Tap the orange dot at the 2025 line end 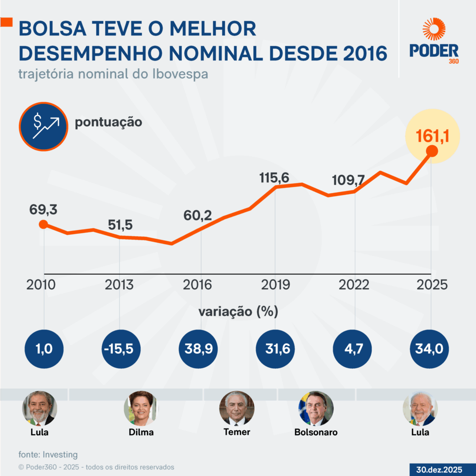432,151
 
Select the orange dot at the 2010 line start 43,225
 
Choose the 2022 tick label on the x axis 355,284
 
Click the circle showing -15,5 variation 120,349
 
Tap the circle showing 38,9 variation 198,349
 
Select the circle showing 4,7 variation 353,349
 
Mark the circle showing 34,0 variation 430,349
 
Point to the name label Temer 237,432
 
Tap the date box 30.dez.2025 439,469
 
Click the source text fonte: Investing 48,455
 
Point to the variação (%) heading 238,311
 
